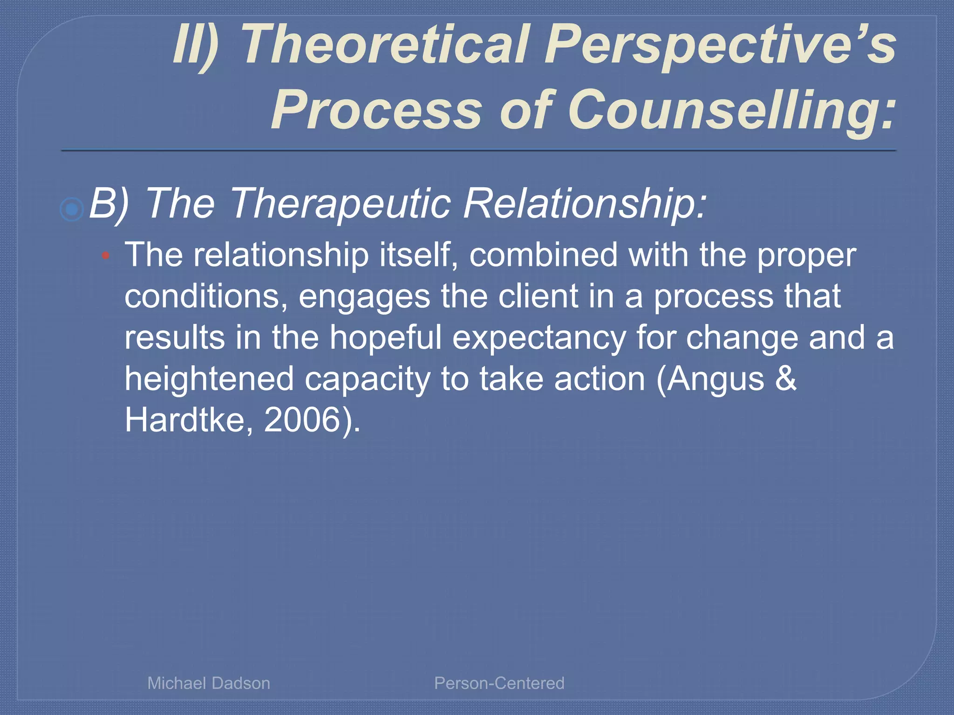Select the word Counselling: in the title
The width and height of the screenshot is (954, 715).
pyautogui.click(x=731, y=111)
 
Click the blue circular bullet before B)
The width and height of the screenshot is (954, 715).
pyautogui.click(x=72, y=209)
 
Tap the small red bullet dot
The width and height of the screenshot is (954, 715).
pyautogui.click(x=106, y=256)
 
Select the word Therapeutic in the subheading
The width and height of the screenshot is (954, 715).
pyautogui.click(x=340, y=203)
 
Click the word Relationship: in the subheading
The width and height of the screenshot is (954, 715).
pyautogui.click(x=585, y=203)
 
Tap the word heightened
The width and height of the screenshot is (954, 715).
pyautogui.click(x=209, y=379)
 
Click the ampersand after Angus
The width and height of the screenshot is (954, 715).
pyautogui.click(x=786, y=378)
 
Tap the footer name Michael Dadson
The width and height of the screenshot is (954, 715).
pyautogui.click(x=209, y=683)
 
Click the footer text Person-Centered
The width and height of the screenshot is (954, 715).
pyautogui.click(x=499, y=683)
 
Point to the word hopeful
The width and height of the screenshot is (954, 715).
pyautogui.click(x=386, y=337)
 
